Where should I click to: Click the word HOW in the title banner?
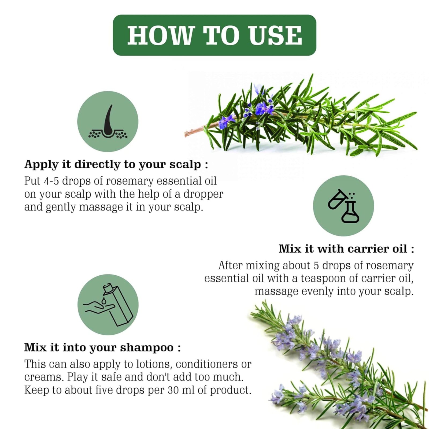click(160, 35)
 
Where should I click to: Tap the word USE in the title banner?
click(275, 35)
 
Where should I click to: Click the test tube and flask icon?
click(343, 206)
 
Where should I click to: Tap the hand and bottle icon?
click(108, 305)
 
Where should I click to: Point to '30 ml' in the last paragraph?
click(182, 390)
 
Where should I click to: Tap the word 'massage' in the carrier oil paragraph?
click(276, 292)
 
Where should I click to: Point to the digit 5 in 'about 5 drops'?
click(316, 265)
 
